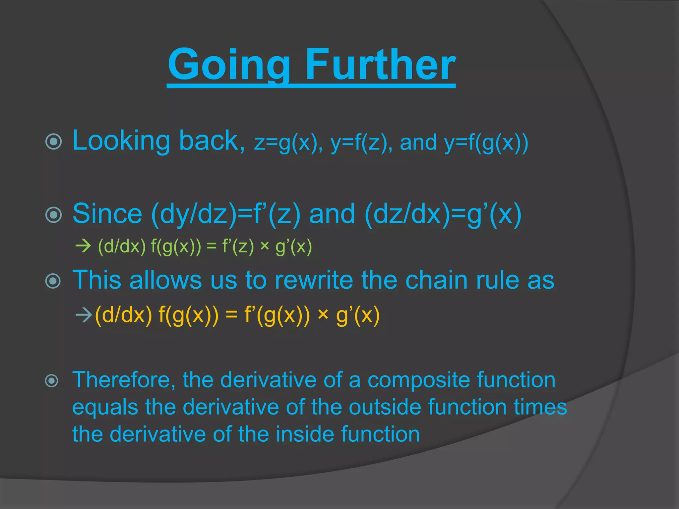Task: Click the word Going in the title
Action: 229,65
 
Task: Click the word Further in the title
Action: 380,65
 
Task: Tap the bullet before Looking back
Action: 53,142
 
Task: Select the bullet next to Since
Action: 53,215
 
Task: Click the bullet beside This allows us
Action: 53,281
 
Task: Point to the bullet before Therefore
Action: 52,380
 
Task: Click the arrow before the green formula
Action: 83,246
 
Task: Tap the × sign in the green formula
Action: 264,246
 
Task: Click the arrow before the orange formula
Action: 83,315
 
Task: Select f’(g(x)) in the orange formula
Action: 277,315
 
